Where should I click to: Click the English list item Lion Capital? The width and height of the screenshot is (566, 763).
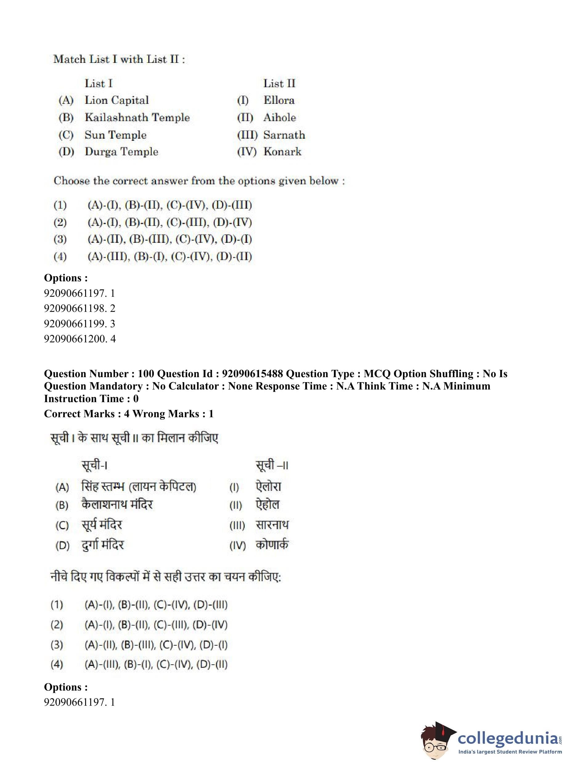coord(117,100)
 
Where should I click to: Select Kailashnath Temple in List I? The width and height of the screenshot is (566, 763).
coord(137,117)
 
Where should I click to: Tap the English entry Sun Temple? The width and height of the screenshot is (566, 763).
coord(116,135)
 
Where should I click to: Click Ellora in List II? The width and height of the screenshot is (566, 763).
coord(279,100)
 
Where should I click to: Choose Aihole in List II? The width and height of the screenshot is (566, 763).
coord(280,117)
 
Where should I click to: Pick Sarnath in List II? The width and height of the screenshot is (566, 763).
coord(284,135)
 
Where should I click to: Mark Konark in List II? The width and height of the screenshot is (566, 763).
coord(282,151)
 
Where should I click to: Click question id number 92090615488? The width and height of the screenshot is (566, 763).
coord(252,373)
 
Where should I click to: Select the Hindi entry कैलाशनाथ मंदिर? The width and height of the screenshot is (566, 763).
coord(117,504)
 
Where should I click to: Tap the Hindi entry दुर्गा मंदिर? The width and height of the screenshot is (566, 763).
coord(102,545)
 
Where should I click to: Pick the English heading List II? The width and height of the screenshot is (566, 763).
coord(279,83)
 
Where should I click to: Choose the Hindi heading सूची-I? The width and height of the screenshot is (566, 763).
coord(94,465)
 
